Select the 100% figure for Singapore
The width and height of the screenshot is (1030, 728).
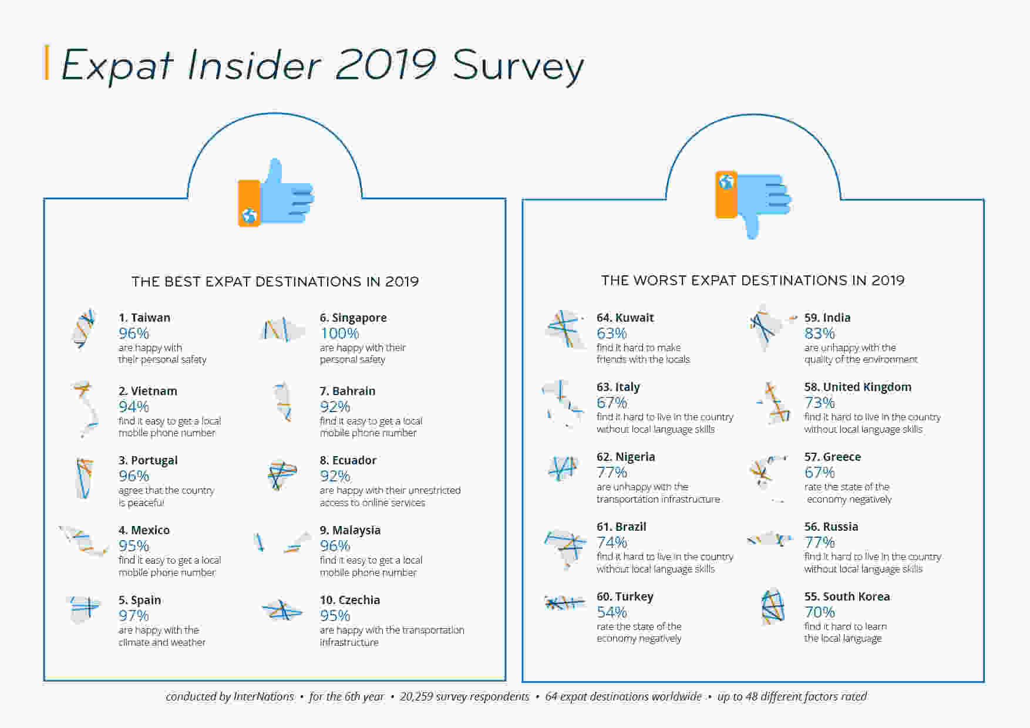click(x=339, y=333)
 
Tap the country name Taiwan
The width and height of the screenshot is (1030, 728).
click(x=150, y=318)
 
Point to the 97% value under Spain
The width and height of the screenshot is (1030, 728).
click(x=134, y=616)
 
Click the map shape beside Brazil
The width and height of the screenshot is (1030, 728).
click(x=565, y=550)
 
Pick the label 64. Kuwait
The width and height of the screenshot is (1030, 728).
click(x=625, y=318)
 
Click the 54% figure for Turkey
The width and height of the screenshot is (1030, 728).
click(x=612, y=612)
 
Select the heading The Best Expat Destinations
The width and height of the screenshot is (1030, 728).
click(x=275, y=282)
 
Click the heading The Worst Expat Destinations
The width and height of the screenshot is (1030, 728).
click(x=753, y=281)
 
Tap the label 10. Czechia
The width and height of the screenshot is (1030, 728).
click(x=350, y=600)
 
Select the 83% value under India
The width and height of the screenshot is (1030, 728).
click(x=820, y=333)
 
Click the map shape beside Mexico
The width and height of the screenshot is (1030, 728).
click(x=84, y=541)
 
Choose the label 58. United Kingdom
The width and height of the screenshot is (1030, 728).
click(x=858, y=387)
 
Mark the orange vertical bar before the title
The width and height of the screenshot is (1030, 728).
click(x=47, y=62)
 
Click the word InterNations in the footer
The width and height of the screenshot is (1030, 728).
click(x=264, y=697)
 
